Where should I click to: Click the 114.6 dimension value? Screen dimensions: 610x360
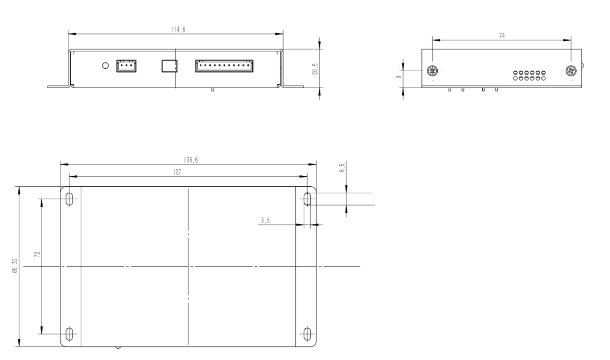pos(178,30)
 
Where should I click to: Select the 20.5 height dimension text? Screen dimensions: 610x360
pos(315,69)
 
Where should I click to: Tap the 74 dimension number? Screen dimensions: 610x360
pos(502,36)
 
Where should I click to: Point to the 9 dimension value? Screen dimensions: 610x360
pos(399,77)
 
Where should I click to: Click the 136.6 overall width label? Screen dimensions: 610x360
pos(191,160)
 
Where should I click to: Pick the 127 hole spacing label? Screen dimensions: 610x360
pos(177,172)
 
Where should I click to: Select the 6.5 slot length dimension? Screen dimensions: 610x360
pos(342,168)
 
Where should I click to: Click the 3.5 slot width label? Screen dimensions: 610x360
pos(265,220)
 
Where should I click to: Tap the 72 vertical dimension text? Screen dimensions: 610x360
pos(37,254)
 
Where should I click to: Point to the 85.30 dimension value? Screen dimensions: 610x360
pos(15,266)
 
